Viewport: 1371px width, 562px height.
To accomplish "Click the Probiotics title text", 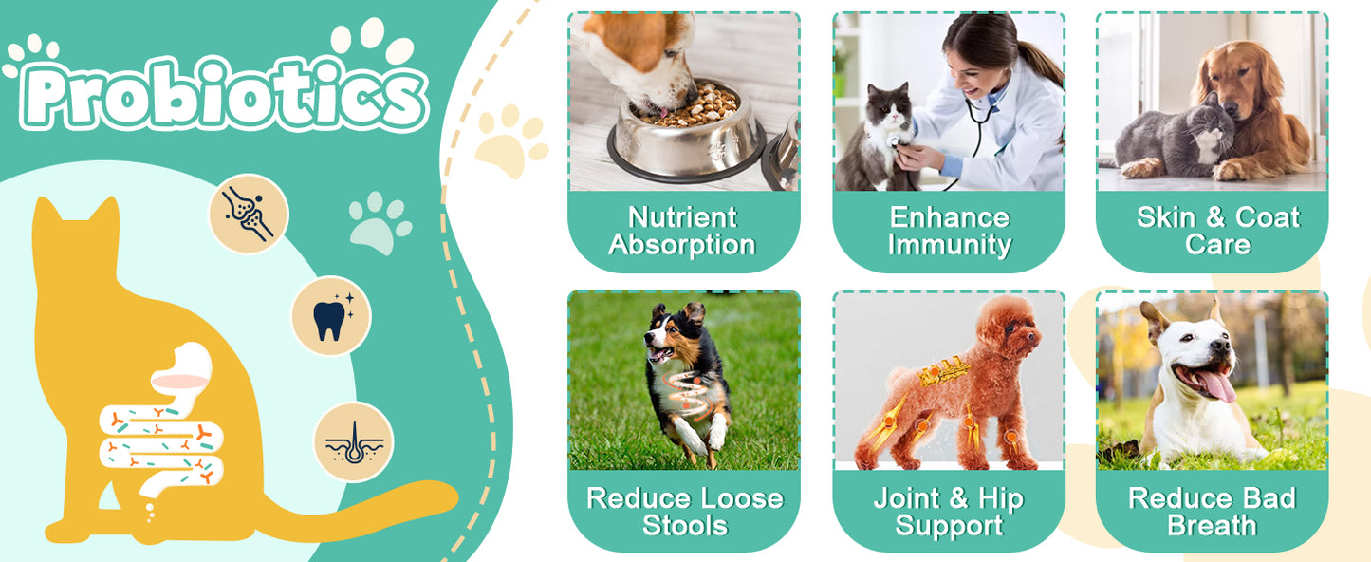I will click(x=223, y=94).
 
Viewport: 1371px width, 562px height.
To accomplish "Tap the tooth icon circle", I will click(x=330, y=316).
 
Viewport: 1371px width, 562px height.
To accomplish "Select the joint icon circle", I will click(x=248, y=213).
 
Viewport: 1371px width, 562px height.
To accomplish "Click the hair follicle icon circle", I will click(x=354, y=441).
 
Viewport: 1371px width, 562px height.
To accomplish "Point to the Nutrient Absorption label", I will click(x=682, y=231).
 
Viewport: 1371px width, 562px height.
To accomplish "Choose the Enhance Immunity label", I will click(x=949, y=231).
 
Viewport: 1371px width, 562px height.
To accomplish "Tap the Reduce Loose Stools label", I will click(x=684, y=512).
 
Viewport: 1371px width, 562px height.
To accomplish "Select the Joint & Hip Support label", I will click(x=949, y=512).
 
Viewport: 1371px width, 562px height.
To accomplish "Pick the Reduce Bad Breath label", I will click(x=1213, y=512).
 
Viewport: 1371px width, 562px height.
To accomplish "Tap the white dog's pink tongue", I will click(x=1217, y=384).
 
